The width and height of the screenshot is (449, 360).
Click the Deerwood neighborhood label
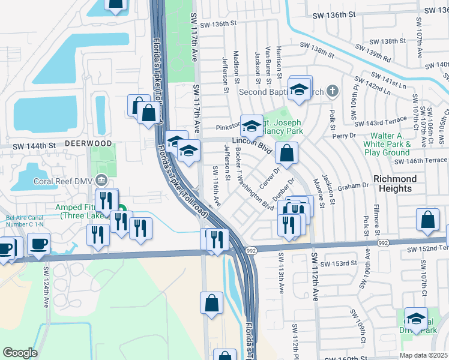click(88, 144)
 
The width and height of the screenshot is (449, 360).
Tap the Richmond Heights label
click(395, 184)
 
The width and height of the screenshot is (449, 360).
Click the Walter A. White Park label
click(390, 144)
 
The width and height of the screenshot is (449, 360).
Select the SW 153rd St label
click(339, 263)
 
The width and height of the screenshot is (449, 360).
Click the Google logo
click(20, 353)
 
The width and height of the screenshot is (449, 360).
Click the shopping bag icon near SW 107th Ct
click(428, 220)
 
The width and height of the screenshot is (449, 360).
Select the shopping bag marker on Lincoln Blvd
click(287, 152)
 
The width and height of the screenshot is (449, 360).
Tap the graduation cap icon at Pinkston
click(252, 126)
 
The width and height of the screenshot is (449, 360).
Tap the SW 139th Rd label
click(373, 55)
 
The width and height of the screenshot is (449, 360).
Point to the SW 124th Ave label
click(45, 282)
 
